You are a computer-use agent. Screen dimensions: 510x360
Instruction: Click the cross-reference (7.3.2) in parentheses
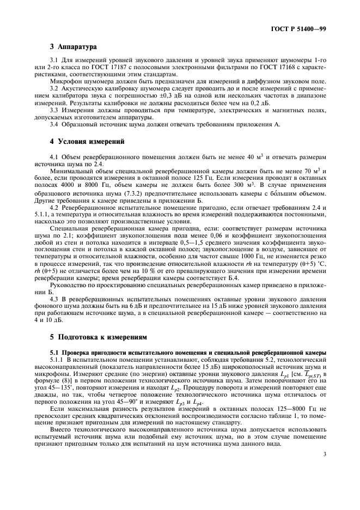[134, 193]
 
